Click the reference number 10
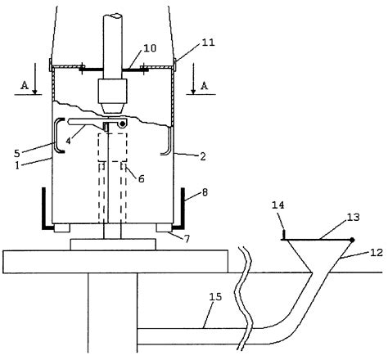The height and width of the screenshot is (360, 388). (150, 48)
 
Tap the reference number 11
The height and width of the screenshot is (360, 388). (209, 43)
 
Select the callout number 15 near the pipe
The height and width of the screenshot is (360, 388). (215, 297)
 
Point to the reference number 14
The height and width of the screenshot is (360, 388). (278, 205)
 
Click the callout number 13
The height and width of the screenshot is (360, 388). (354, 218)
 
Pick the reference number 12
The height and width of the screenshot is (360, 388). (377, 253)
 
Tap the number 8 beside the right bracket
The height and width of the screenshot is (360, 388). (205, 192)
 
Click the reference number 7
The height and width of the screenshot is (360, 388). (187, 239)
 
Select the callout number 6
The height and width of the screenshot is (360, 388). (141, 179)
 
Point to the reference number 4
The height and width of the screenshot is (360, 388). (68, 141)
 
